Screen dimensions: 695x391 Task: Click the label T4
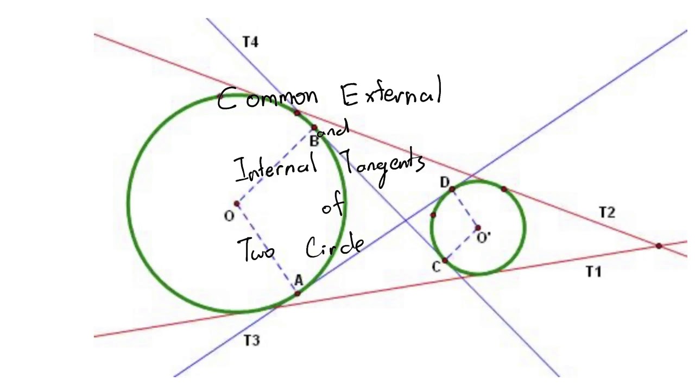[250, 42]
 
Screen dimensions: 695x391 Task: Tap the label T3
[251, 340]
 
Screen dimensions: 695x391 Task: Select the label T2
[607, 212]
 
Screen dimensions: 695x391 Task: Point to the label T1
[593, 272]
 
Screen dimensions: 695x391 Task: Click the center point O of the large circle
[237, 204]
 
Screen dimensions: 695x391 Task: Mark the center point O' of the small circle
[478, 228]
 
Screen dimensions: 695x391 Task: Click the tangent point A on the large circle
[298, 293]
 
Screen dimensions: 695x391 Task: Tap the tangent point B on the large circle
[314, 128]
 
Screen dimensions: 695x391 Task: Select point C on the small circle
[445, 261]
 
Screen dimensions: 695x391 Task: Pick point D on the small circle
[452, 189]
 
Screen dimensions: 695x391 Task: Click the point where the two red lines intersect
[659, 246]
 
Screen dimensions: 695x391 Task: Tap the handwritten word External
[391, 93]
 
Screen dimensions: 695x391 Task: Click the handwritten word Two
[256, 250]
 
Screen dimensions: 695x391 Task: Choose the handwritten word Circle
[334, 247]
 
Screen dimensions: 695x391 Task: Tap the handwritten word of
[333, 206]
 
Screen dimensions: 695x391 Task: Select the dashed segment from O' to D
[465, 209]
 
